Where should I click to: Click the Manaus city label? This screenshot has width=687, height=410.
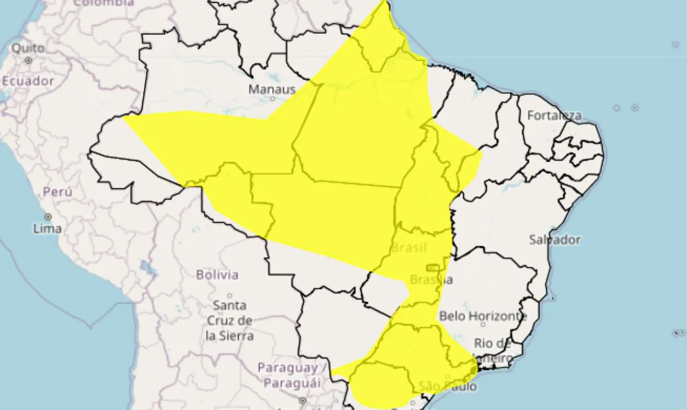pyautogui.click(x=272, y=89)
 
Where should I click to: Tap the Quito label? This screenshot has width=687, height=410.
pyautogui.click(x=28, y=48)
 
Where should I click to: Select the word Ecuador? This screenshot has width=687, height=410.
pyautogui.click(x=28, y=81)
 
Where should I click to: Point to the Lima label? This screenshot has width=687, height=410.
pyautogui.click(x=47, y=229)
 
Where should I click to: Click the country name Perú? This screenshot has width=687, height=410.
pyautogui.click(x=57, y=192)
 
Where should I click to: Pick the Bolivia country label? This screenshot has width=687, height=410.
pyautogui.click(x=217, y=275)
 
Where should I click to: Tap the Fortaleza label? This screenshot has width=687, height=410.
pyautogui.click(x=554, y=115)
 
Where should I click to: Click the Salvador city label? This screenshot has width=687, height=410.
pyautogui.click(x=554, y=239)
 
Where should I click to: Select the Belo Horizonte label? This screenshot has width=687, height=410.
pyautogui.click(x=483, y=316)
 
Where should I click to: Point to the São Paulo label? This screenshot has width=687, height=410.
pyautogui.click(x=448, y=386)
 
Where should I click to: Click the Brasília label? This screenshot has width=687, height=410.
pyautogui.click(x=431, y=280)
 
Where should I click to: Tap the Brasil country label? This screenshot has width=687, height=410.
pyautogui.click(x=409, y=248)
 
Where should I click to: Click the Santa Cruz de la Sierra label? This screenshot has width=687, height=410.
pyautogui.click(x=230, y=320)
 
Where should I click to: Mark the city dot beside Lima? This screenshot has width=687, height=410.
pyautogui.click(x=48, y=217)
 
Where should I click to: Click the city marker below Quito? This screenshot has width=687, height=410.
pyautogui.click(x=28, y=61)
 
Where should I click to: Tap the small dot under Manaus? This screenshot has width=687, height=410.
pyautogui.click(x=272, y=99)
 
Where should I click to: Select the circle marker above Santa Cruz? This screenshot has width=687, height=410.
pyautogui.click(x=230, y=296)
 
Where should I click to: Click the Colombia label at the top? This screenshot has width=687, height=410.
pyautogui.click(x=104, y=3)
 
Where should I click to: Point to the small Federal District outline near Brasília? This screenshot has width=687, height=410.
pyautogui.click(x=433, y=267)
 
